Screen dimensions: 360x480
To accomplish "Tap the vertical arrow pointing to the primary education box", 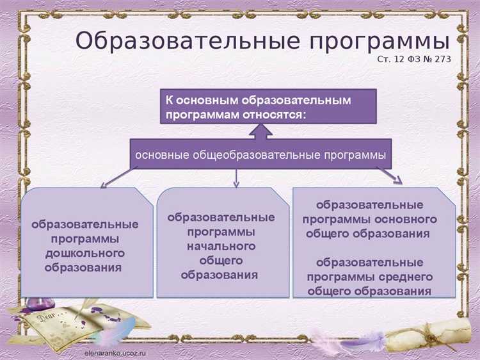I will (236, 178).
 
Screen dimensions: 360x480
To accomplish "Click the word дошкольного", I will (85, 253).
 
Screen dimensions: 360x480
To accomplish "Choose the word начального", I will (221, 246).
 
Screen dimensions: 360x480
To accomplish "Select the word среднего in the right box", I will (408, 277).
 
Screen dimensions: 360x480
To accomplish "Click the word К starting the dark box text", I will (170, 100).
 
